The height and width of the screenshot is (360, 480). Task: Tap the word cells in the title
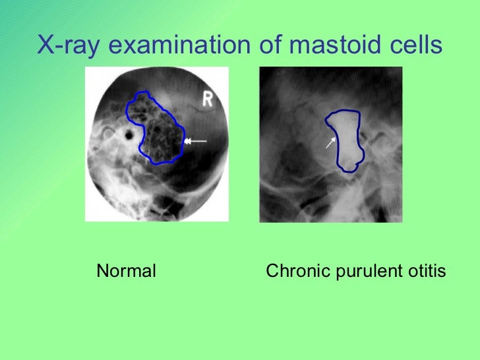pos(411,45)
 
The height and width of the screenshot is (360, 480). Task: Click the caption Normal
pos(126,271)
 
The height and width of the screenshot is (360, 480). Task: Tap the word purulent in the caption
pos(364,271)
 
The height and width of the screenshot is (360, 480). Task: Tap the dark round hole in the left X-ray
pos(129,137)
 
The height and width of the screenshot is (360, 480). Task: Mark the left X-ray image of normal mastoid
pos(157,143)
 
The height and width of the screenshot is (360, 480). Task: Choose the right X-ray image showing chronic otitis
pos(330,144)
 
